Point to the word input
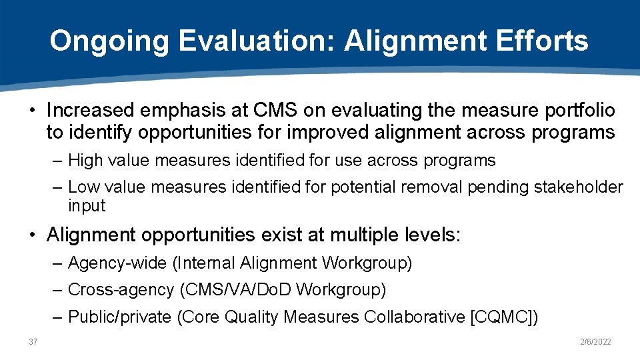87,206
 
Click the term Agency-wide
117,263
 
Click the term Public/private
120,317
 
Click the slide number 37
33,342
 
